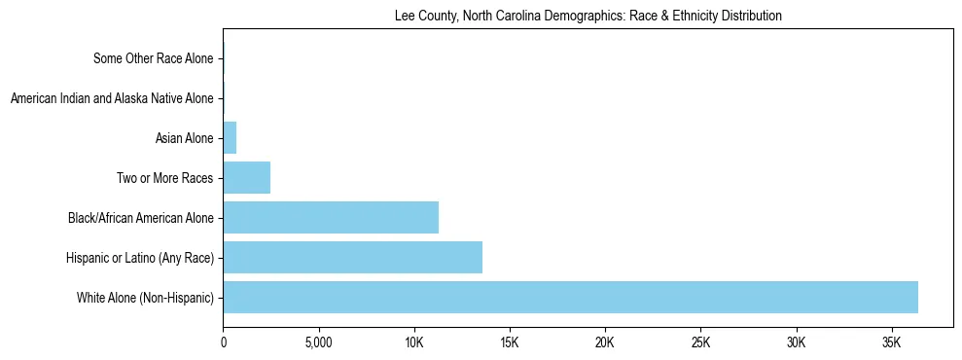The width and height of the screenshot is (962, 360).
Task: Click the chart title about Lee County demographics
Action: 588,17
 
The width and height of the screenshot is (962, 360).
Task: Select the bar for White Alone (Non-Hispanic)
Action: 570,297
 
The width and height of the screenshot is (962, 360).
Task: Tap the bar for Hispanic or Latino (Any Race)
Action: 352,257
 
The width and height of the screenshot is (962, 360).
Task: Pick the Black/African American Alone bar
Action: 331,217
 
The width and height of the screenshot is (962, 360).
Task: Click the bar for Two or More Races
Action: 246,178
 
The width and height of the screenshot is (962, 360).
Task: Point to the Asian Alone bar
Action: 230,138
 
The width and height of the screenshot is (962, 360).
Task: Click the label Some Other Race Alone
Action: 153,59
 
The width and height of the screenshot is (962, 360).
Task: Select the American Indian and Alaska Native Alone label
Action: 111,98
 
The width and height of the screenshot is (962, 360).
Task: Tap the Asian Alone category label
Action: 184,138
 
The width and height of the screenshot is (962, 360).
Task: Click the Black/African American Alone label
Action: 140,218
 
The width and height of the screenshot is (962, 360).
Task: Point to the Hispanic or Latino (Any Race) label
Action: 139,257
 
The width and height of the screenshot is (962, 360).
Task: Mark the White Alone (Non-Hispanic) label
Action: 145,297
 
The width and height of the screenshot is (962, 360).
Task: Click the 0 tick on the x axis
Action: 224,343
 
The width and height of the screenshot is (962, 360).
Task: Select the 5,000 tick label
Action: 319,343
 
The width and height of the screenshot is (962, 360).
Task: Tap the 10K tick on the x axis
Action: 414,343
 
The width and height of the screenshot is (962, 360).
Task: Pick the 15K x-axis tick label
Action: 510,343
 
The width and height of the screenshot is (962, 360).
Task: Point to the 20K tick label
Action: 605,343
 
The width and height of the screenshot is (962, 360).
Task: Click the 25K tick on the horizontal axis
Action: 700,343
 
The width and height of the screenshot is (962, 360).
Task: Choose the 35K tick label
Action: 892,343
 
